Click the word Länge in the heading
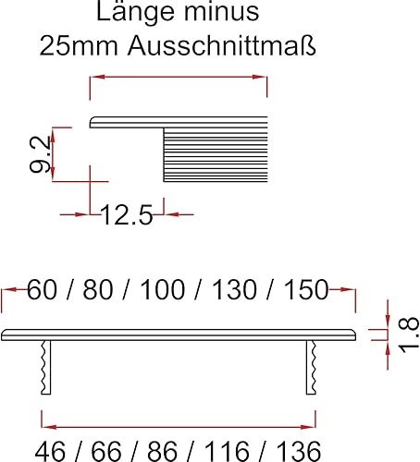pos(135,12)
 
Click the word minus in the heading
pos(221,12)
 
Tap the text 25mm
pos(79,45)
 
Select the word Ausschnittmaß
pos(222,45)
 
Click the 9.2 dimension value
pos(40,154)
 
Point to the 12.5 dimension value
pos(127,214)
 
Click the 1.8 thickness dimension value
pos(409,334)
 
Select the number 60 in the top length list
pos(42,289)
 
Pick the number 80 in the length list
pos(98,289)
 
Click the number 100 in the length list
pos(163,289)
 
